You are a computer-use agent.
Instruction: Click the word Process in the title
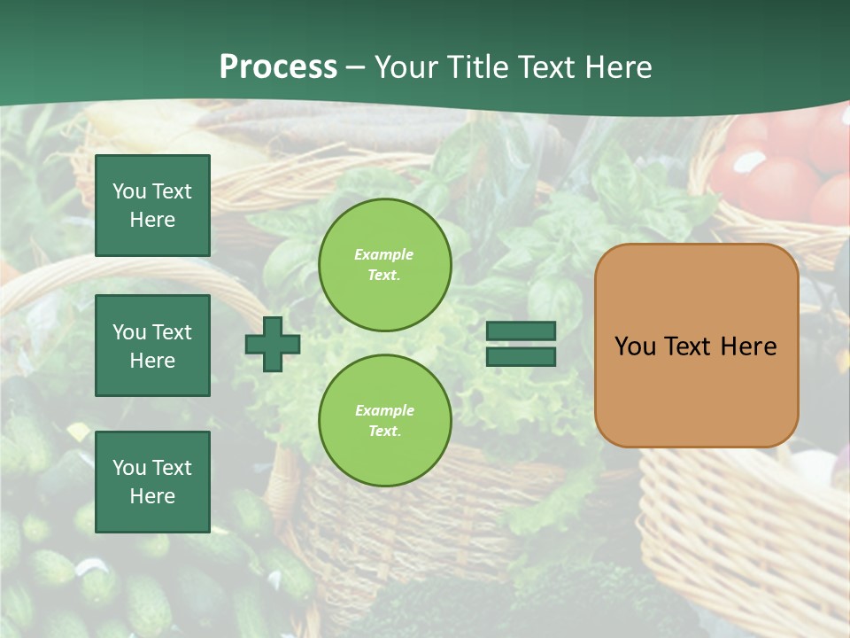point(278,67)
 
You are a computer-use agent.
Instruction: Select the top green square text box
point(152,206)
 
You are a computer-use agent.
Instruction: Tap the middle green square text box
point(152,346)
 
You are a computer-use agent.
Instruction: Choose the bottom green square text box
point(152,481)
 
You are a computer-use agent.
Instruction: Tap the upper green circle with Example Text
point(384,265)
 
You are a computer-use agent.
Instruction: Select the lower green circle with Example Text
point(384,420)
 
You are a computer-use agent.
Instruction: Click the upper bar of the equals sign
point(522,331)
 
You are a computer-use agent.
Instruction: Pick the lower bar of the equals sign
point(522,357)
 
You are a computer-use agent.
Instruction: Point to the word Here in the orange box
point(748,346)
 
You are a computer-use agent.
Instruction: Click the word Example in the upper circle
point(384,254)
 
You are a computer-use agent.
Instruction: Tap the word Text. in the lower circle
point(384,432)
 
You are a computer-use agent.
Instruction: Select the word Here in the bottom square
point(152,496)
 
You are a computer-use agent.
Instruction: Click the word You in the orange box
point(635,346)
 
